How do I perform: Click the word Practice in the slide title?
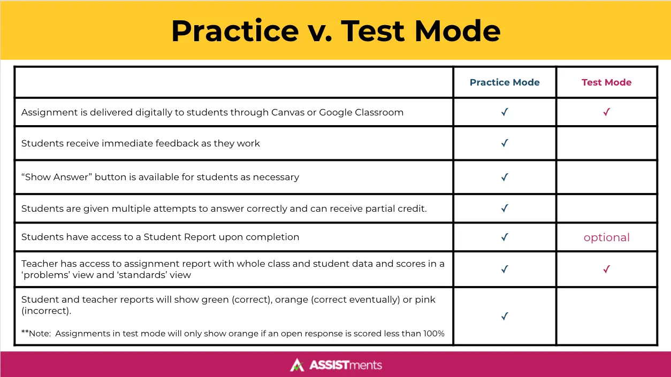pos(235,31)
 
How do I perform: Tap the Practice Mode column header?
pos(505,82)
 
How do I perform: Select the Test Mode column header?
pos(606,82)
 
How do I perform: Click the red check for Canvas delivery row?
pos(606,112)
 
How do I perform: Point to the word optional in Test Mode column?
pos(606,237)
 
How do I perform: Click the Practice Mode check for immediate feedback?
pos(504,143)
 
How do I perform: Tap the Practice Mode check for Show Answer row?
pos(504,177)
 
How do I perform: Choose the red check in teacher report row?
pos(606,270)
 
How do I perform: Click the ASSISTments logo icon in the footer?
pos(297,365)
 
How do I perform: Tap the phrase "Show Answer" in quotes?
pos(56,177)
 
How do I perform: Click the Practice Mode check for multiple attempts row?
pos(504,209)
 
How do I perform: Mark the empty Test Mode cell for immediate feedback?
pos(606,143)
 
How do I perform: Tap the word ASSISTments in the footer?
pos(346,365)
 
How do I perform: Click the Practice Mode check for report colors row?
pos(504,317)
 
